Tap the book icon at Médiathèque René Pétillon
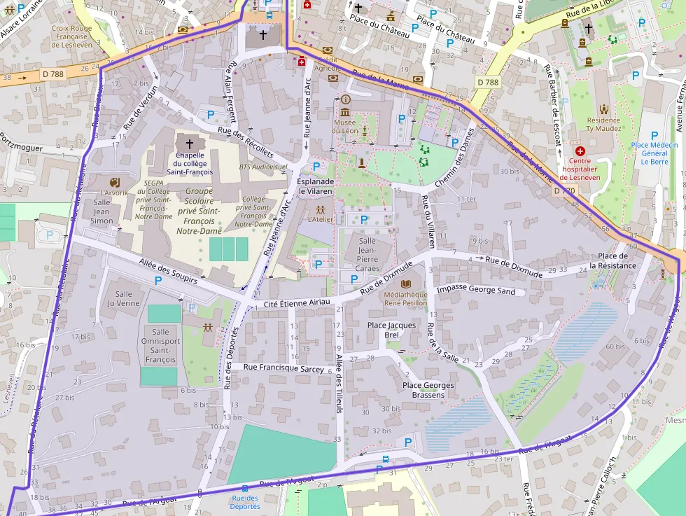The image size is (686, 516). (x=406, y=283)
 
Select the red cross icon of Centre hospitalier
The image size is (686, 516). (x=580, y=151)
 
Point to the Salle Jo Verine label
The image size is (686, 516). (x=124, y=299)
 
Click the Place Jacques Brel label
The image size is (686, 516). (x=392, y=330)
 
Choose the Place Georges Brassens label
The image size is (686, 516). (x=428, y=390)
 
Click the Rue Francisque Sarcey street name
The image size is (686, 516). (x=284, y=367)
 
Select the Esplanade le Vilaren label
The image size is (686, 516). (x=316, y=186)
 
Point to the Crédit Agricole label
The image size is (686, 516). (x=327, y=64)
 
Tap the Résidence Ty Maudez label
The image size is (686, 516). (x=604, y=125)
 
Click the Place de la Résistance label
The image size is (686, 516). (x=612, y=260)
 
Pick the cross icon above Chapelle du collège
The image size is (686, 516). (x=189, y=143)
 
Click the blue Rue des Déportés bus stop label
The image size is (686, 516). (x=245, y=502)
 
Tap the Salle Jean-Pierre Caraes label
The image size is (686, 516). (x=367, y=254)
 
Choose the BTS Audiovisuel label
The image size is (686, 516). (x=264, y=167)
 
